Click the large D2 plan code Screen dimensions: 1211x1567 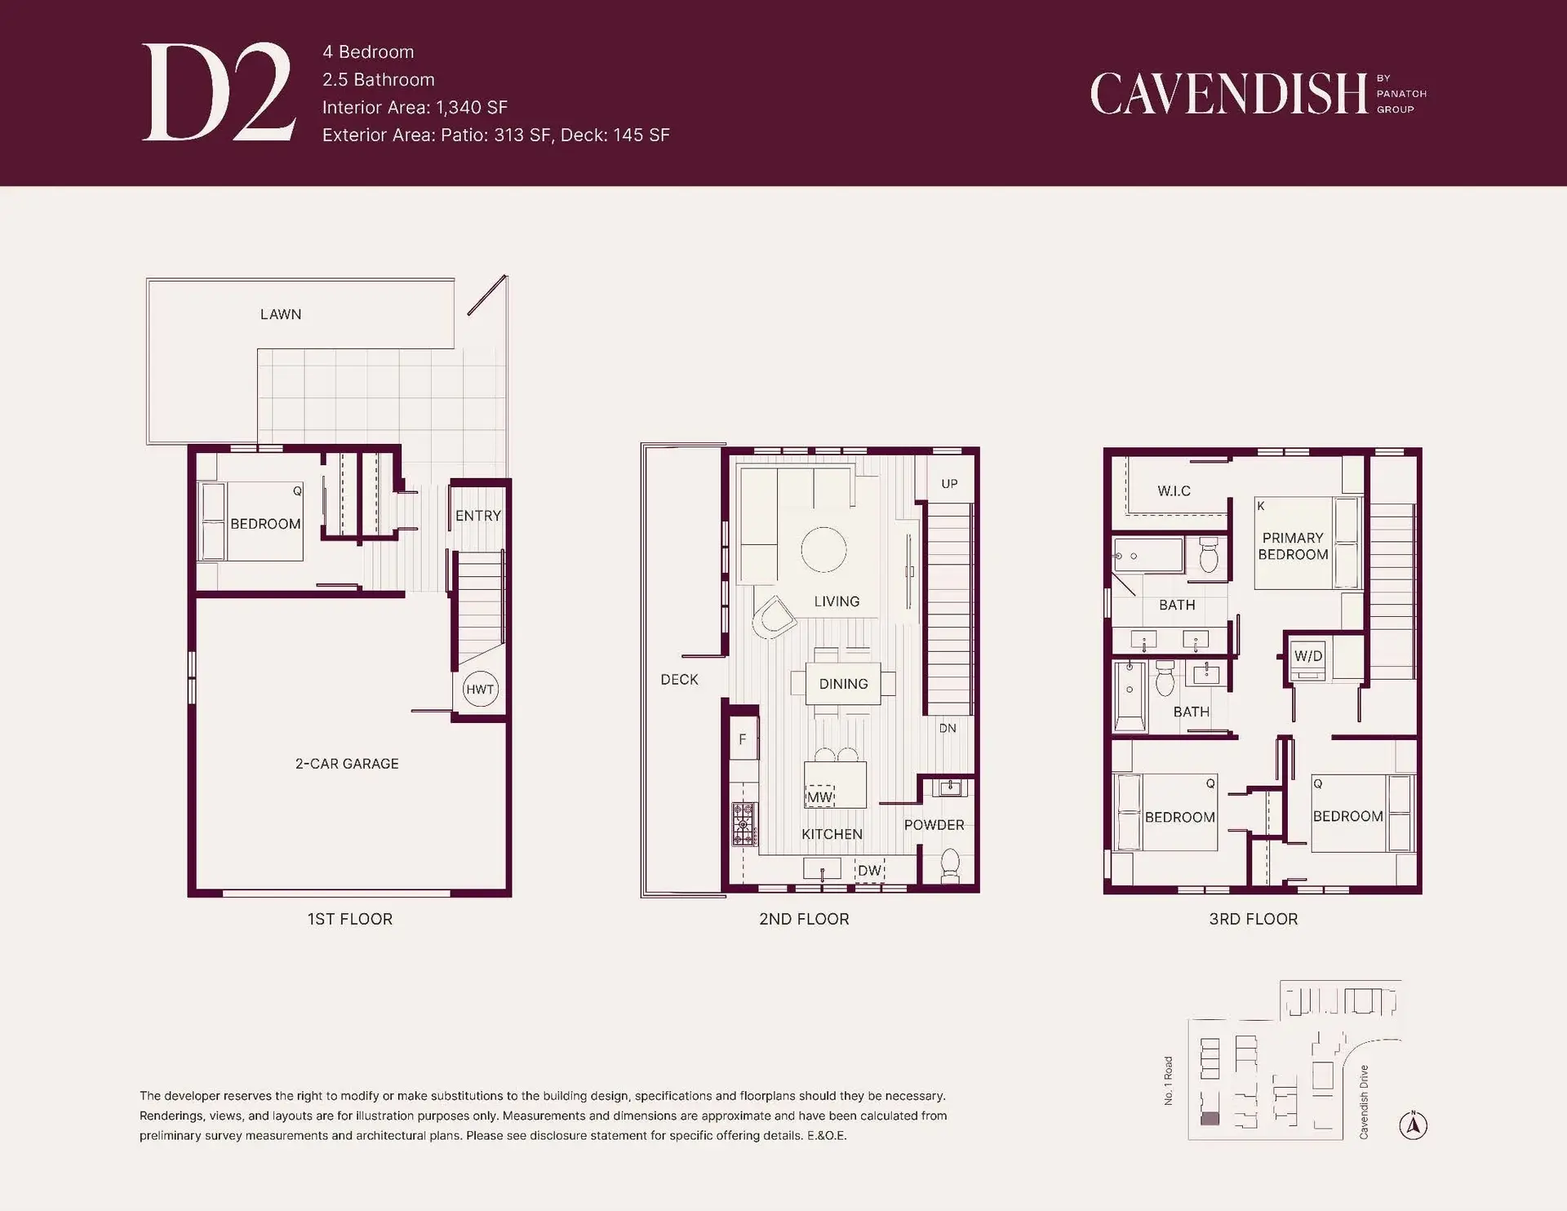[218, 92]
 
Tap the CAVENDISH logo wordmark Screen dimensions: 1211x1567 [1228, 94]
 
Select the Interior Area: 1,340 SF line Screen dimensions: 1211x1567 [415, 108]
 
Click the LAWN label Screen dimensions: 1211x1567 [281, 314]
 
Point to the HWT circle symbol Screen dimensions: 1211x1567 [480, 689]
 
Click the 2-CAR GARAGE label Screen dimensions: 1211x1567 [347, 764]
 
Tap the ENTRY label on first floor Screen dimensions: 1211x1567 [477, 516]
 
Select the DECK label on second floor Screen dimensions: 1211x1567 [679, 680]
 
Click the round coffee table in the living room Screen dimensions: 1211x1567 [823, 549]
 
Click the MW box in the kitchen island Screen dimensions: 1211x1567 [820, 796]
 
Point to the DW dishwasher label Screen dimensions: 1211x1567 [870, 871]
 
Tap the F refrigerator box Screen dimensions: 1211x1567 [743, 739]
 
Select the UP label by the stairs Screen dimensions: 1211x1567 [949, 484]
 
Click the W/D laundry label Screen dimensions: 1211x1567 [1308, 656]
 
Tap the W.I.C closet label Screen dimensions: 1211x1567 [1174, 491]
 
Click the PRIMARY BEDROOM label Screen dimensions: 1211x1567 [1293, 546]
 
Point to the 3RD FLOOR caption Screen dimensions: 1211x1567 [1253, 919]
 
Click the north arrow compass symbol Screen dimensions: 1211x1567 [1413, 1125]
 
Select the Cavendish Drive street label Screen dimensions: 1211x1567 [1364, 1102]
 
